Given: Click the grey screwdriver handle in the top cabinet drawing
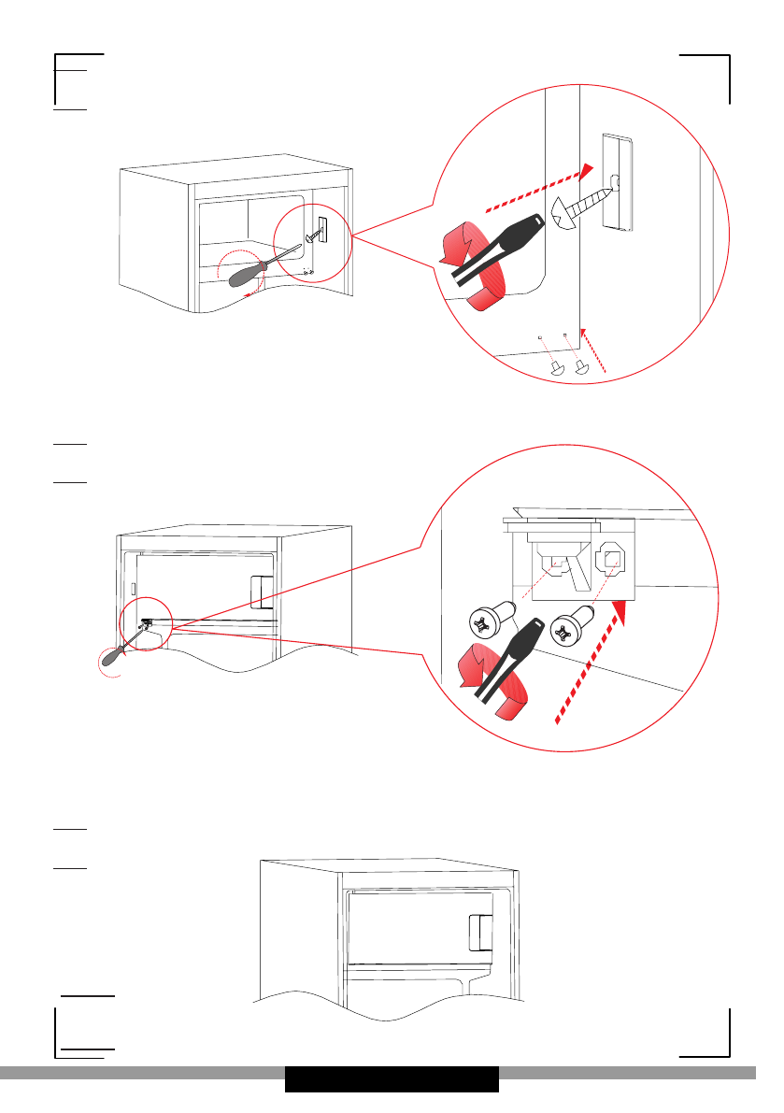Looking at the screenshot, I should pos(242,275).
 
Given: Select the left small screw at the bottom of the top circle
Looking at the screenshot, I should pos(555,367).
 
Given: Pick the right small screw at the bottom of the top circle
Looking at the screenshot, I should pos(582,365).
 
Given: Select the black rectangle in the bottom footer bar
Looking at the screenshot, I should pos(392,1078).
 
